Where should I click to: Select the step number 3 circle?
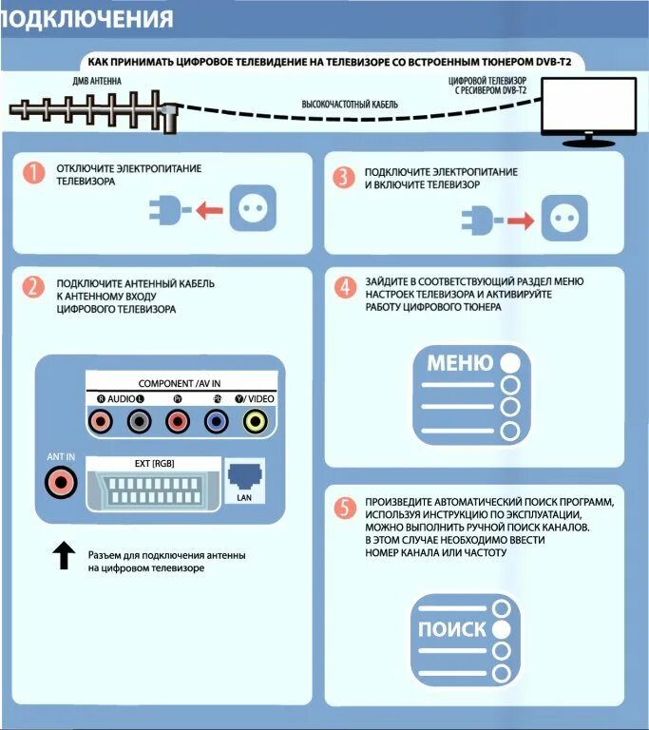(x=344, y=177)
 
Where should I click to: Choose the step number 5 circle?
(x=344, y=508)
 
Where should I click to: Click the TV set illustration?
(x=588, y=110)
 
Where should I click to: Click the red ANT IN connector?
(x=61, y=483)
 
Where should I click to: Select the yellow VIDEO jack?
(x=255, y=420)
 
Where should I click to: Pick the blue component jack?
(x=216, y=420)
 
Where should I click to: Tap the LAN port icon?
(x=243, y=474)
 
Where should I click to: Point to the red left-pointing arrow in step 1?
(x=210, y=209)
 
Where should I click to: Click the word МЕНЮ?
(x=460, y=363)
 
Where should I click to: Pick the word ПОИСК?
(x=452, y=629)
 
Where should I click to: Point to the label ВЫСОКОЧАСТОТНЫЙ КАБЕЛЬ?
(x=350, y=103)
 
